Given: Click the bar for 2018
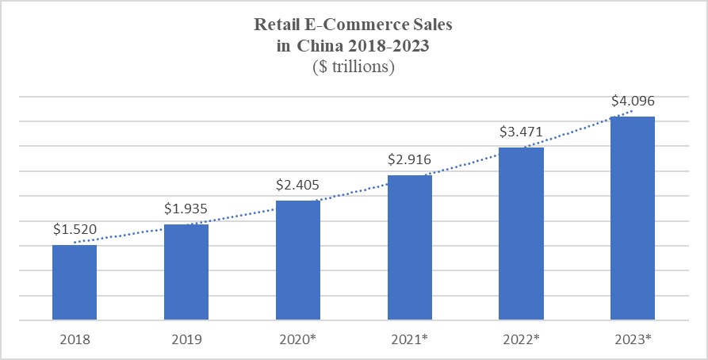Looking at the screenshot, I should [x=75, y=282].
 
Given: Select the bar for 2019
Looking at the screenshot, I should [x=186, y=272].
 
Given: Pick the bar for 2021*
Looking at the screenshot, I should [x=410, y=247].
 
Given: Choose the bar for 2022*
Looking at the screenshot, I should [x=521, y=234].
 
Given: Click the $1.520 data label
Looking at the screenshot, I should [x=75, y=230].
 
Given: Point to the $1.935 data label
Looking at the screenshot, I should [x=186, y=209].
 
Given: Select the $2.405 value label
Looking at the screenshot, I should [x=298, y=185].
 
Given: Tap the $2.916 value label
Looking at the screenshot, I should [x=410, y=159].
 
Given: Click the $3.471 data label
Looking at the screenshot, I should [x=521, y=132].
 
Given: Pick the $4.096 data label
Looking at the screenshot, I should [x=633, y=101].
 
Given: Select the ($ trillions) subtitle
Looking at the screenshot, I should [x=354, y=67].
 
